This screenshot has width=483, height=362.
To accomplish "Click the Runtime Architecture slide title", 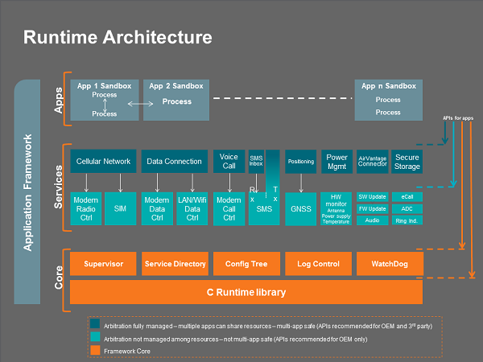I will click(118, 37).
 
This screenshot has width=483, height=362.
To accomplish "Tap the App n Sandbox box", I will click(388, 100).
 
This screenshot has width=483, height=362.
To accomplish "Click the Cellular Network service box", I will click(103, 161).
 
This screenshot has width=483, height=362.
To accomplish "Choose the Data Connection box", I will click(174, 161).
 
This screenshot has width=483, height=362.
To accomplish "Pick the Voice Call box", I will click(229, 161).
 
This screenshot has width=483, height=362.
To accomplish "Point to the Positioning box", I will click(300, 161).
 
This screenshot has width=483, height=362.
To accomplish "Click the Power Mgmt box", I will click(337, 161).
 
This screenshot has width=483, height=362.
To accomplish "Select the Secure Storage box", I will click(407, 161).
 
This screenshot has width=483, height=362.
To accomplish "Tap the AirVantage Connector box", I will click(372, 161).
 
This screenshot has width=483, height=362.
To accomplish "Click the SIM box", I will click(121, 208).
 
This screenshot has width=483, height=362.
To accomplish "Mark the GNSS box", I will click(300, 208).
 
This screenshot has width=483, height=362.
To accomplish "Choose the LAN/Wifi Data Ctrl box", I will click(192, 208).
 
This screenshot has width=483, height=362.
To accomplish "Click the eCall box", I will click(407, 196).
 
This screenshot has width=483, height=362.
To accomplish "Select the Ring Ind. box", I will click(407, 220).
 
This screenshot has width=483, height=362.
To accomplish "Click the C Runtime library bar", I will click(246, 291).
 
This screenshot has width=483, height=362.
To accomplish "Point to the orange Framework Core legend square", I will click(95, 350).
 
